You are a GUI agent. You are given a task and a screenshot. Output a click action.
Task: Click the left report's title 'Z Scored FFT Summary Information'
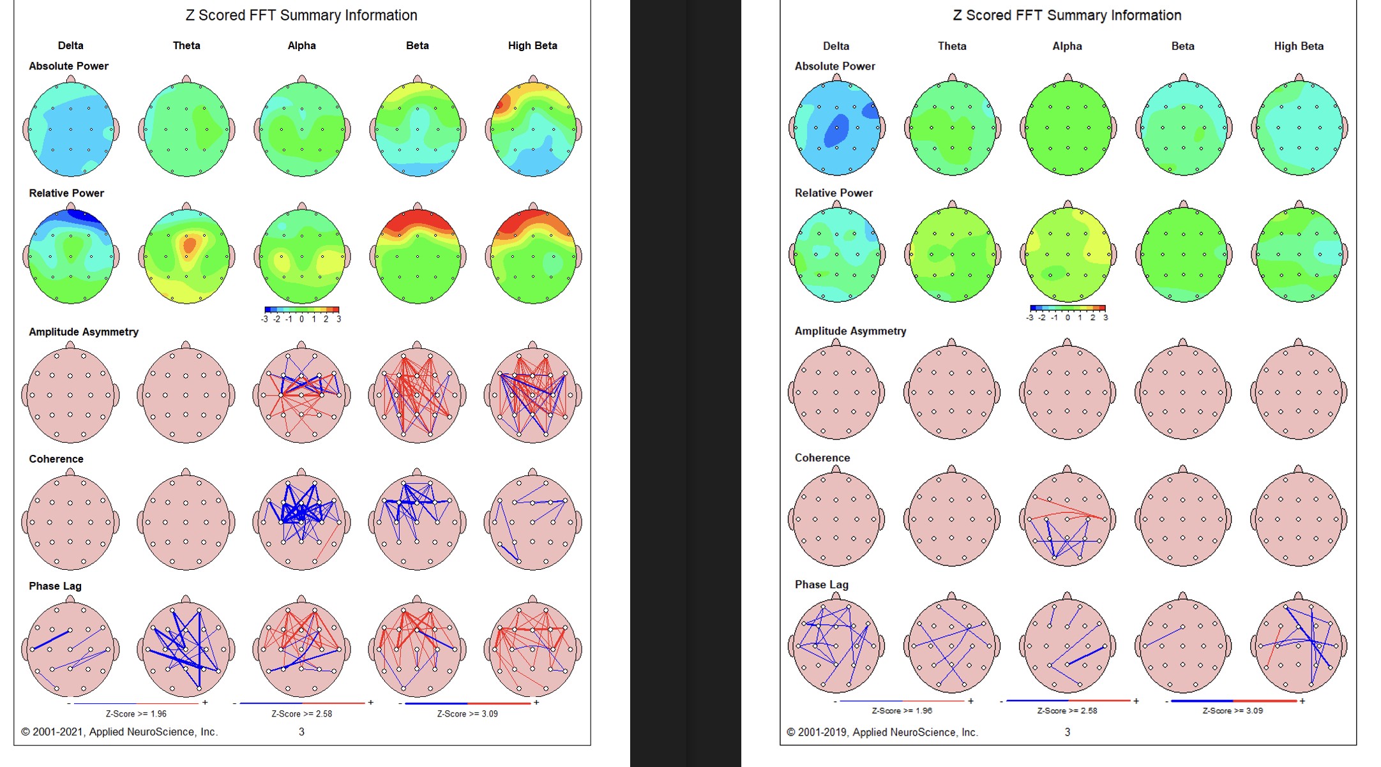click(301, 15)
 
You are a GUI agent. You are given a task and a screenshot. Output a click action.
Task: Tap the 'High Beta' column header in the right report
click(1299, 46)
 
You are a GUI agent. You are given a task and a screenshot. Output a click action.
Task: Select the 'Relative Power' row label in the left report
click(66, 193)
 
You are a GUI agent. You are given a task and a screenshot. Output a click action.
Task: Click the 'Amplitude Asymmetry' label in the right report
click(850, 331)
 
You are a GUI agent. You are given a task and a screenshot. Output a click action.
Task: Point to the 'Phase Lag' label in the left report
click(55, 586)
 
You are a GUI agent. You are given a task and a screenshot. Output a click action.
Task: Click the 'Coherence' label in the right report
click(822, 458)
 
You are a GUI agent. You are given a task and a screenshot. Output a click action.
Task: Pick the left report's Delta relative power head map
click(71, 257)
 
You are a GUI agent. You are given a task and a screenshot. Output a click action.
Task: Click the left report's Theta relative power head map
click(186, 257)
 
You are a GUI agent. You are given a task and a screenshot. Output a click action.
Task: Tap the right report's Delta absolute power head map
click(836, 128)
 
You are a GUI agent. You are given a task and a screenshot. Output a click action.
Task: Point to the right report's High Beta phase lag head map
click(1299, 646)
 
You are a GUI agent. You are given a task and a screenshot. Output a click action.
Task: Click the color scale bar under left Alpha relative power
click(301, 309)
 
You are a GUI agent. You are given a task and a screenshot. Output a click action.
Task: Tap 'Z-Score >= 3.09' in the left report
click(467, 713)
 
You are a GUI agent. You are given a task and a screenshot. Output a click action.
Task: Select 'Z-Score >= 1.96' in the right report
click(902, 710)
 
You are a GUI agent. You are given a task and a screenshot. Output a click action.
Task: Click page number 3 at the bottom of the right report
click(1067, 732)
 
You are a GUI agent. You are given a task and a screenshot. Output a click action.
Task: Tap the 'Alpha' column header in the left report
click(301, 46)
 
